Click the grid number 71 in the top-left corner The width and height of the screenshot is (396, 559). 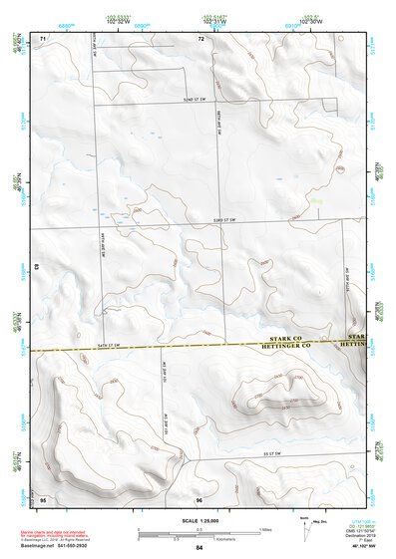pyautogui.click(x=43, y=39)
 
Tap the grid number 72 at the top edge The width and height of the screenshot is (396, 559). pyautogui.click(x=200, y=39)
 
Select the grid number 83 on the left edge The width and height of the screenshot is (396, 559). pyautogui.click(x=37, y=268)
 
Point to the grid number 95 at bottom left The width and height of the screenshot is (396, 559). pyautogui.click(x=43, y=498)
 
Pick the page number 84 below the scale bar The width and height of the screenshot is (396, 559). pyautogui.click(x=199, y=548)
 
